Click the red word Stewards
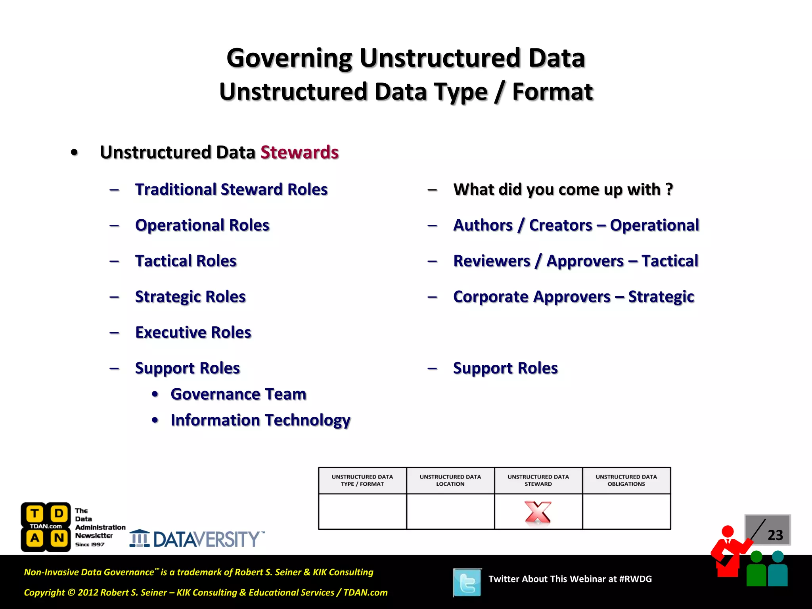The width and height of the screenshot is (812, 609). (x=299, y=152)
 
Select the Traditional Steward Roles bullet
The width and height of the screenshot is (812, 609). (x=231, y=190)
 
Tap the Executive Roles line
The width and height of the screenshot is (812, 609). (x=193, y=332)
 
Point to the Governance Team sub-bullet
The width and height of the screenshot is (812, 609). (x=238, y=394)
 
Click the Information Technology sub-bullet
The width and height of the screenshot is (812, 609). (x=260, y=420)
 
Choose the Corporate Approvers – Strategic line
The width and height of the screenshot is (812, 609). (x=573, y=297)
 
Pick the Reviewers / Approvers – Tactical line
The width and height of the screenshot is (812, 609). (x=575, y=261)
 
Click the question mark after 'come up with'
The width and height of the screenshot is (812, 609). (x=669, y=189)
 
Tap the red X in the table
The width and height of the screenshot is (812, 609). (x=538, y=512)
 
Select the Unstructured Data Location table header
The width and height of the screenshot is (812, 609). (x=450, y=480)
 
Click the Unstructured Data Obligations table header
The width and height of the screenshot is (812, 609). (x=626, y=480)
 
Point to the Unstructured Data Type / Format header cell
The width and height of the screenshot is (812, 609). (x=362, y=480)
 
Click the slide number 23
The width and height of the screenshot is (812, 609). (x=775, y=535)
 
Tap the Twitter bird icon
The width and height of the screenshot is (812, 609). (x=467, y=582)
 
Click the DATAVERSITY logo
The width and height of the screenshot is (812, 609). (x=197, y=539)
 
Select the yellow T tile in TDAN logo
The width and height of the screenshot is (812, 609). (x=35, y=514)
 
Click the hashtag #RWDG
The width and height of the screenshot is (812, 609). (x=635, y=579)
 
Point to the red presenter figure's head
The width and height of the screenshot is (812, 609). (x=728, y=531)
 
